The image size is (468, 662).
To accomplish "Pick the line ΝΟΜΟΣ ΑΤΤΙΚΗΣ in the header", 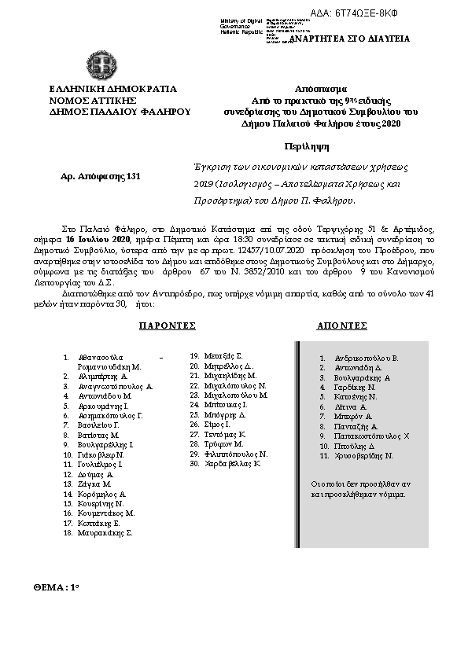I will [x=94, y=100].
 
